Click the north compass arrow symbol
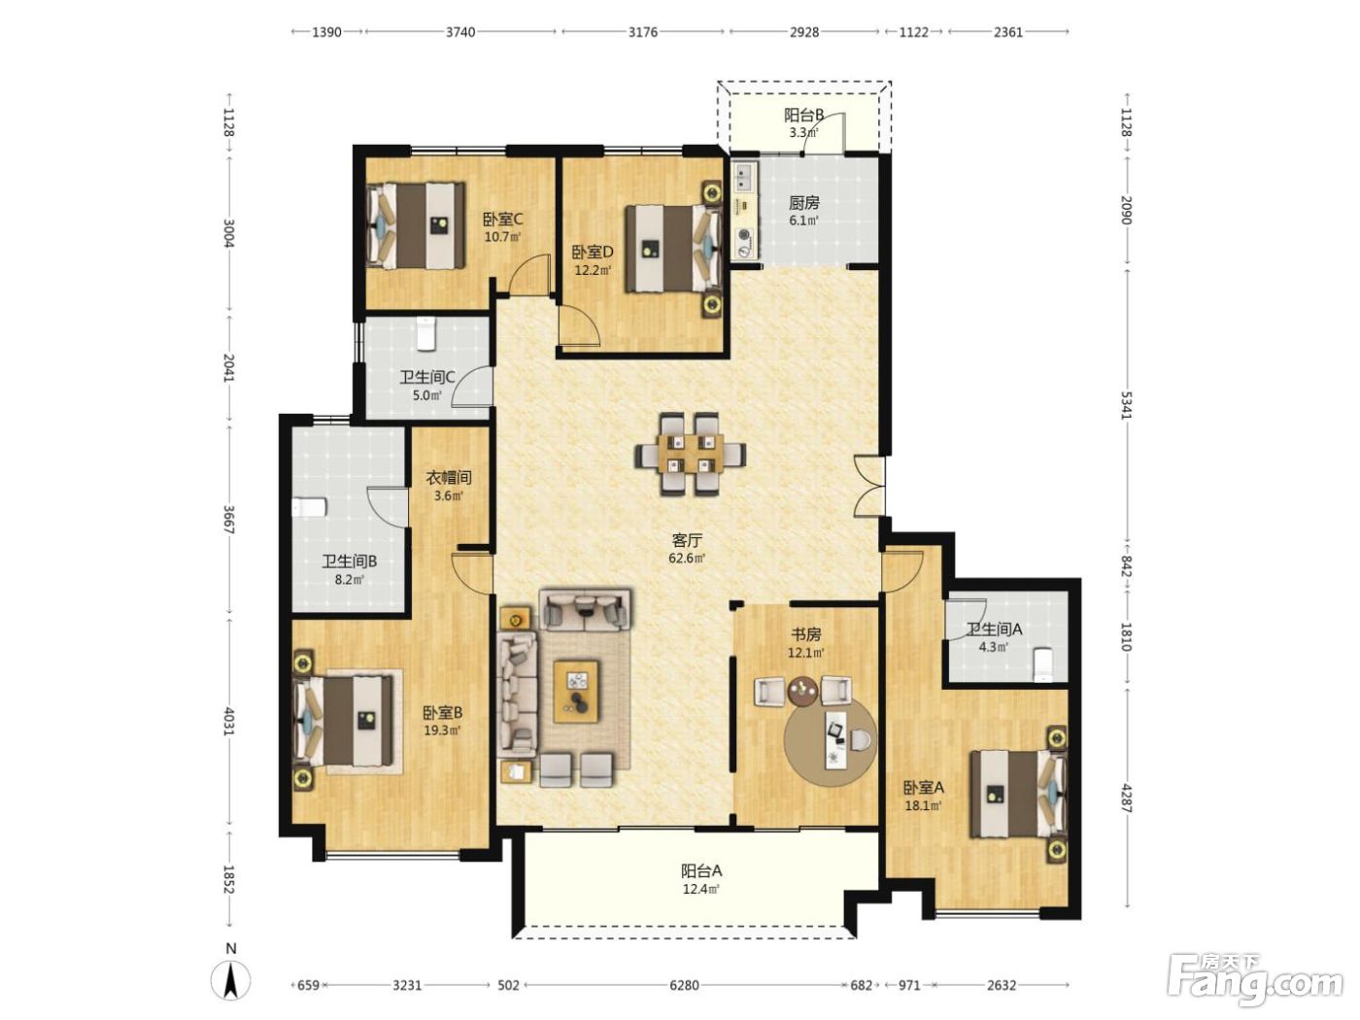coord(231,981)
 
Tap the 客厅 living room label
coord(687,541)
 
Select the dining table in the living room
coord(691,453)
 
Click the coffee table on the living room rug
coord(576,691)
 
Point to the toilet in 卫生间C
coord(426,333)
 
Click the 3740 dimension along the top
coord(460,32)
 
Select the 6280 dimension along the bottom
coord(684,985)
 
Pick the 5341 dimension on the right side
coord(1126,404)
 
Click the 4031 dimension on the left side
coord(228,721)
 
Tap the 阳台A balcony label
coord(701,870)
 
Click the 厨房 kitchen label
coord(804,202)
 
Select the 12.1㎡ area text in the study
coord(805,653)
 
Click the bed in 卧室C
coord(417,224)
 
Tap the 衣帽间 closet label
coord(449,478)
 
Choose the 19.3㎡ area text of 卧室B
coord(442,731)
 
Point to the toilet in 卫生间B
coord(309,508)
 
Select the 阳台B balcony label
coord(803,116)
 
